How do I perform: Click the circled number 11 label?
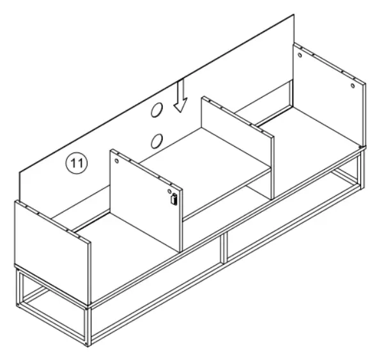click(x=77, y=164)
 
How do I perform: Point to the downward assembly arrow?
click(x=181, y=96)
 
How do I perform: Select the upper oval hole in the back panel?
click(x=156, y=111)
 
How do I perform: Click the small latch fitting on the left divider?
click(x=173, y=200)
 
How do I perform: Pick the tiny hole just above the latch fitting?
click(x=169, y=191)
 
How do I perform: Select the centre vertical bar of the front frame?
click(x=223, y=248)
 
